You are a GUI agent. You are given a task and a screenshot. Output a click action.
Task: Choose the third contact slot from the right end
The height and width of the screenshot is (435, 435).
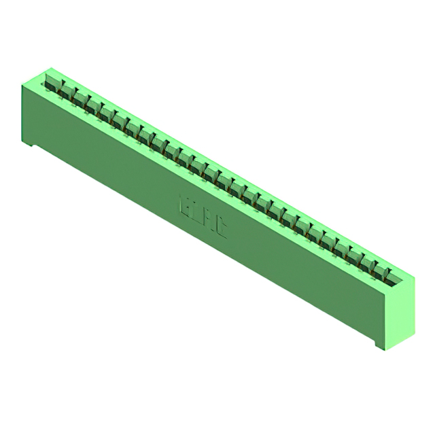(x=364, y=258)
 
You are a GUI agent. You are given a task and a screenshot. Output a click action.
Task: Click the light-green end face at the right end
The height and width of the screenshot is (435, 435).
(x=401, y=309)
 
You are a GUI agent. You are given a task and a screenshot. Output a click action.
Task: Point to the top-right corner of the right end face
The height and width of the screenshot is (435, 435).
(x=414, y=277)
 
